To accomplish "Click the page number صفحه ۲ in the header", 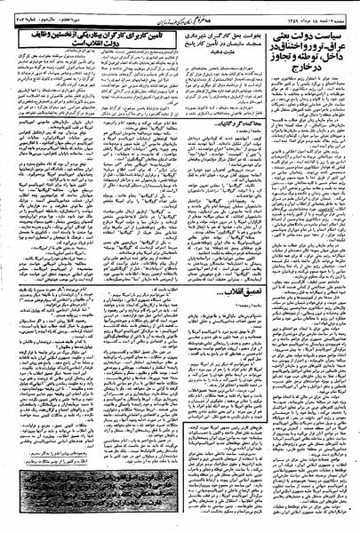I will tap(342, 8).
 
